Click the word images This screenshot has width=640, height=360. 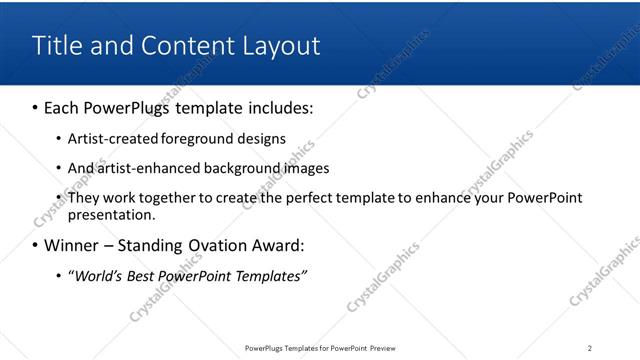306,168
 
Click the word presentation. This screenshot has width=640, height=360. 111,214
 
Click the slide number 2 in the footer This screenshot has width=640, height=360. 589,348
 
